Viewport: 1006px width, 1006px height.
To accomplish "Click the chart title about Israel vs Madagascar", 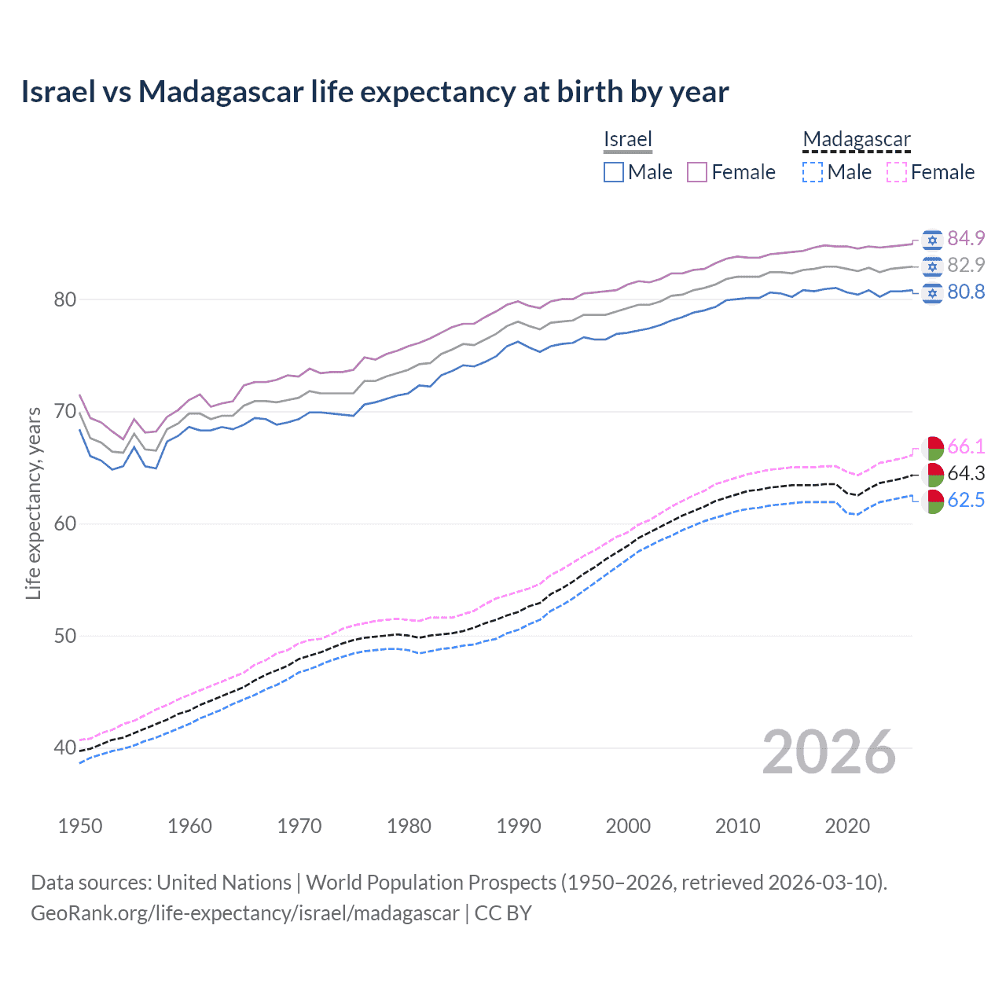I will click(375, 92).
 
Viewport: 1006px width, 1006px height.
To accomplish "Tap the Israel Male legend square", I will click(614, 172).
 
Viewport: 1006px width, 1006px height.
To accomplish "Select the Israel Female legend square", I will click(697, 172).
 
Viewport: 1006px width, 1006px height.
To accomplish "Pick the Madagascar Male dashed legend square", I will click(813, 172).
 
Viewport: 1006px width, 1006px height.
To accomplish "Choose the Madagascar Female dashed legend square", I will click(897, 172).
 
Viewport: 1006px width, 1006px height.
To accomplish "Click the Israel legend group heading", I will click(628, 139).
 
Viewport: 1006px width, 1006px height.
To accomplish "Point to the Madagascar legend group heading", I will click(857, 139).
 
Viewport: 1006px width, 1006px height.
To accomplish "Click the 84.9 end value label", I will click(966, 238).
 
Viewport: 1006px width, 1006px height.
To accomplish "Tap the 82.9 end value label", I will click(966, 265).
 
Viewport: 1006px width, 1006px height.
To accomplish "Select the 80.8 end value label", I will click(966, 292).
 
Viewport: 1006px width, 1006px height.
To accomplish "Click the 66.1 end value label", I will click(966, 446).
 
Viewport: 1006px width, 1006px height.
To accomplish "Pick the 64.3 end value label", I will click(966, 473).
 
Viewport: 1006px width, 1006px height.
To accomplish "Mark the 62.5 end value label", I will click(966, 500).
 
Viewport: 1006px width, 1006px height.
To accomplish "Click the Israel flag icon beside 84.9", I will click(932, 239).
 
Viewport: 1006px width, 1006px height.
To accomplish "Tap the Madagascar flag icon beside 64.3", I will click(933, 474).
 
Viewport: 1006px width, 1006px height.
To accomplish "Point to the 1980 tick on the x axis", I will click(409, 826).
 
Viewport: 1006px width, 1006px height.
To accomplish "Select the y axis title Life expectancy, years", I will click(33, 503).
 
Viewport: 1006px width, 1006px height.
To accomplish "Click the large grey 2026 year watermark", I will click(828, 752).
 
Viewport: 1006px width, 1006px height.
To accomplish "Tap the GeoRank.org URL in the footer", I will click(245, 913).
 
